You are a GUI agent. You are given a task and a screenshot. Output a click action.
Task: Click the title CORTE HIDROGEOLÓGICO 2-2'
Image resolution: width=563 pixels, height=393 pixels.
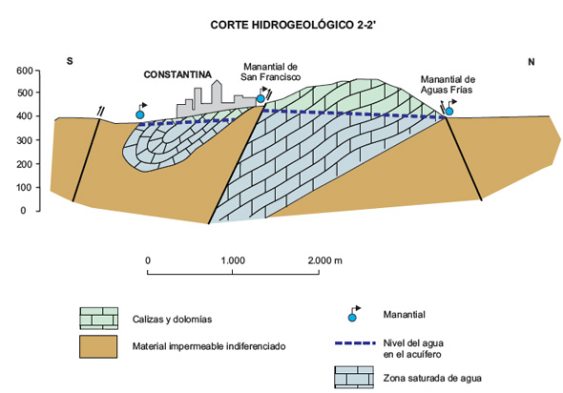tap(293, 25)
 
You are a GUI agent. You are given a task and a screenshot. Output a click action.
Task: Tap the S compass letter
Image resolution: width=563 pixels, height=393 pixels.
tap(70, 61)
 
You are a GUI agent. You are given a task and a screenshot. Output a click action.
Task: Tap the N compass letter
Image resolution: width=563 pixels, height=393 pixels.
tap(532, 62)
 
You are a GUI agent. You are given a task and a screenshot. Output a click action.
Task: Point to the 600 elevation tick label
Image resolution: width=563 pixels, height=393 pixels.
tap(25, 71)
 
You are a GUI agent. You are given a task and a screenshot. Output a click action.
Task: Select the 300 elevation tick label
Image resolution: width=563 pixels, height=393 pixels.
tap(25, 140)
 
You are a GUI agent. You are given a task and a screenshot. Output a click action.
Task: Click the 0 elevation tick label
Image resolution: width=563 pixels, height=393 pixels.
tap(23, 211)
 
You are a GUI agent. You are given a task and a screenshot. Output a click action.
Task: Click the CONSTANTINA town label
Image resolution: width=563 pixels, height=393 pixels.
tap(177, 74)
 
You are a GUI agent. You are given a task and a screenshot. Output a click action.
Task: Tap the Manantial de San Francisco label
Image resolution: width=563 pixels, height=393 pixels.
tap(270, 72)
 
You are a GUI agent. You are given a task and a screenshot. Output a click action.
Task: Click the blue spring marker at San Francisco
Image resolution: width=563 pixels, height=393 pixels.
tap(261, 98)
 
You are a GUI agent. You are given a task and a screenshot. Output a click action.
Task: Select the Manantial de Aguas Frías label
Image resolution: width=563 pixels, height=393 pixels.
tap(448, 84)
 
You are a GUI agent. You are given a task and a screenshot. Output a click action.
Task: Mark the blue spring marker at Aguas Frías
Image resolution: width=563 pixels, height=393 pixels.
tap(448, 112)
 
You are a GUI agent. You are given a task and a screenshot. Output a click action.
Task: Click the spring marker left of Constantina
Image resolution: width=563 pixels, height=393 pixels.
tap(139, 114)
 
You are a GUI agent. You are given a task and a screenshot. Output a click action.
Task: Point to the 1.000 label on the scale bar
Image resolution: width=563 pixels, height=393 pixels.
tap(233, 260)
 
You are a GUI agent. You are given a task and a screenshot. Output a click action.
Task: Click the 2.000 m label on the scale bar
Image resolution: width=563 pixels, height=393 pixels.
tap(325, 260)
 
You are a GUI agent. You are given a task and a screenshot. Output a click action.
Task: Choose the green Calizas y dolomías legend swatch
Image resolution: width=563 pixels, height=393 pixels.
tap(98, 319)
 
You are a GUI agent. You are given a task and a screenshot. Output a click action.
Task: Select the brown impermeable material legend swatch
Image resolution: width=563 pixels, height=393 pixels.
tap(98, 346)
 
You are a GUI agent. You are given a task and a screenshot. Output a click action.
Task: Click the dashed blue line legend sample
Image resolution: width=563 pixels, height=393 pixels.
tap(355, 343)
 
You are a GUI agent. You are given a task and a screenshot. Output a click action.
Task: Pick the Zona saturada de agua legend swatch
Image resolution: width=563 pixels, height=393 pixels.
tap(354, 377)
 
